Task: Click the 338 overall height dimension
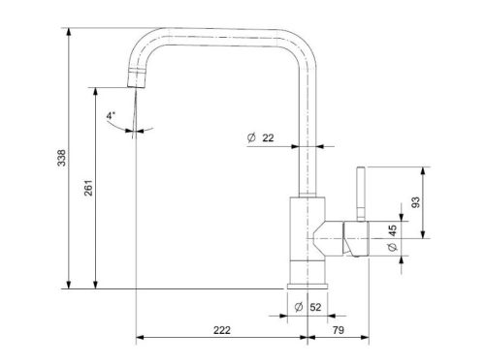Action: point(61,158)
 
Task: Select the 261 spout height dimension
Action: point(88,188)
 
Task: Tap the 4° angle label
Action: point(111,115)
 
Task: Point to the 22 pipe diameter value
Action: point(268,138)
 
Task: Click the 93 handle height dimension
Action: point(416,202)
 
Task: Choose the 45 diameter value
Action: point(392,230)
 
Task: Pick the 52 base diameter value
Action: point(315,307)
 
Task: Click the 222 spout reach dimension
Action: point(222,330)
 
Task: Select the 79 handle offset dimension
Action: point(339,330)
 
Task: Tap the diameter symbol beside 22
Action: point(251,137)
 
